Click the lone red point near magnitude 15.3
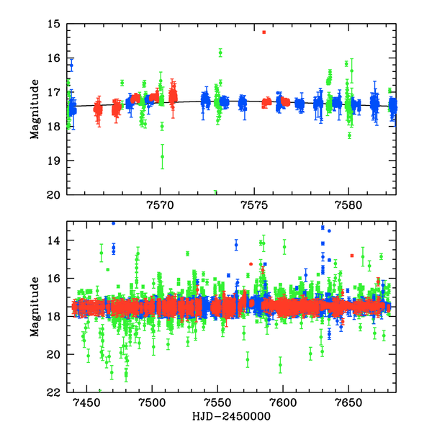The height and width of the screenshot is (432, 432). click(264, 32)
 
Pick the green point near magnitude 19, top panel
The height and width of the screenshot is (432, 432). click(163, 156)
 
